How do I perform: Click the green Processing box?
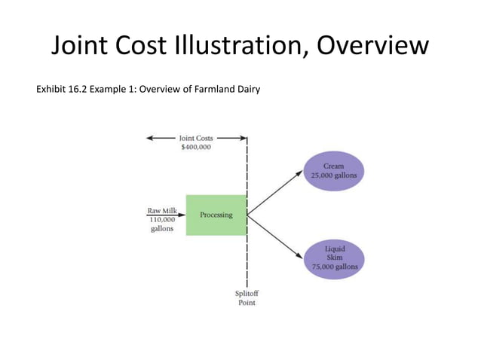pos(216,215)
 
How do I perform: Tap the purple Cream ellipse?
pos(333,170)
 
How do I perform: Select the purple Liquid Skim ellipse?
pos(335,257)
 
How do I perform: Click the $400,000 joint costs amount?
pos(196,148)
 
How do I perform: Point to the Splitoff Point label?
pos(247,297)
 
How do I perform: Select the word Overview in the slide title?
pos(372,47)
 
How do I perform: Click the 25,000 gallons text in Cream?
pos(333,175)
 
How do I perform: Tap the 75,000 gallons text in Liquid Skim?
pos(335,266)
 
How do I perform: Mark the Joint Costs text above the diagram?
pos(196,139)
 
